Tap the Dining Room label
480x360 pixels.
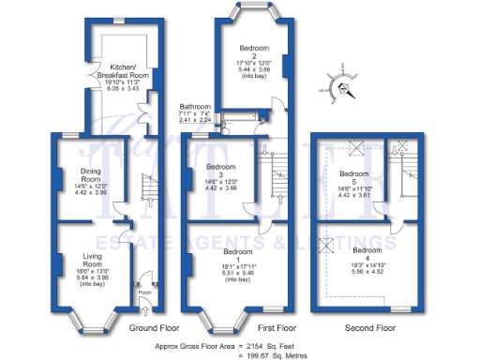pyautogui.click(x=90, y=175)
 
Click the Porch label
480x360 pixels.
pyautogui.click(x=144, y=290)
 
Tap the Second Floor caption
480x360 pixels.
pyautogui.click(x=368, y=328)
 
